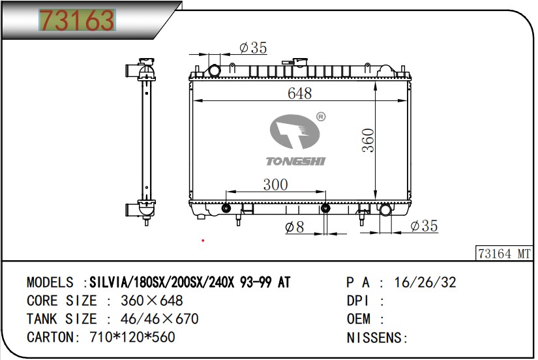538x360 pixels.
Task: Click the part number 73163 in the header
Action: click(77, 20)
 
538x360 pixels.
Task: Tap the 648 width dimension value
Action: click(299, 93)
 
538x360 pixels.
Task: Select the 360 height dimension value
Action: click(368, 140)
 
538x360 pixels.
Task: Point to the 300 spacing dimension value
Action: click(275, 185)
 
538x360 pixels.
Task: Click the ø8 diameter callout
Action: click(294, 227)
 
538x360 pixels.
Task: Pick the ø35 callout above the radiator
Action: click(253, 48)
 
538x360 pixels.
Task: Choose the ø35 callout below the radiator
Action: click(424, 226)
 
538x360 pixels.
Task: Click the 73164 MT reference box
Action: click(504, 254)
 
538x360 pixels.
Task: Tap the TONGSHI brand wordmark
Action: click(296, 161)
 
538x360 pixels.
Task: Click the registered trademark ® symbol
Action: click(321, 117)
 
